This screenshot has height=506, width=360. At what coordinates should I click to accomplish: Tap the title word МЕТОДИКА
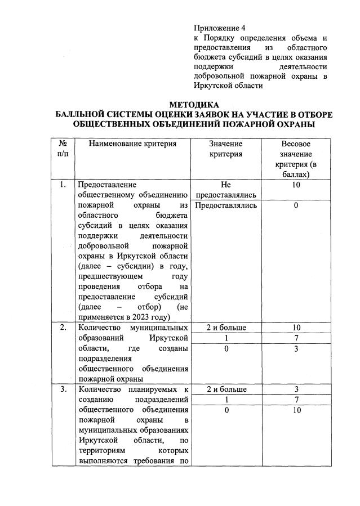tap(194, 105)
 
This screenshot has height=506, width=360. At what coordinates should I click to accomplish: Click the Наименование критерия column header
tap(132, 144)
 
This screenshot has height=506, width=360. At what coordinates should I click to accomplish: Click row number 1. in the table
tap(63, 184)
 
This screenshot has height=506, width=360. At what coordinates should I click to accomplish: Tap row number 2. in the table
tap(63, 328)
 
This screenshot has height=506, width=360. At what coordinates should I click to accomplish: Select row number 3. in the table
tap(63, 389)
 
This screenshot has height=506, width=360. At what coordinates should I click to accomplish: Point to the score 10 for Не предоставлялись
tap(296, 184)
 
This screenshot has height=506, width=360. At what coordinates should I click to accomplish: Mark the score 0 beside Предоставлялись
tap(296, 205)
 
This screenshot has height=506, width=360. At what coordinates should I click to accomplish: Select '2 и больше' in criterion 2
tap(226, 328)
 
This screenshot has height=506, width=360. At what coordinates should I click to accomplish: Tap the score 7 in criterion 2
tap(296, 338)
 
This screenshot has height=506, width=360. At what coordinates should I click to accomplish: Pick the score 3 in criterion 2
tap(296, 349)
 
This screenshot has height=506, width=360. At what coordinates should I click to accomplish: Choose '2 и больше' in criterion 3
tap(226, 389)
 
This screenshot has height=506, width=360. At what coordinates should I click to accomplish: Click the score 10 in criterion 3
tap(296, 410)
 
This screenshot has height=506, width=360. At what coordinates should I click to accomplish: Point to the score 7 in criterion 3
tap(296, 400)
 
